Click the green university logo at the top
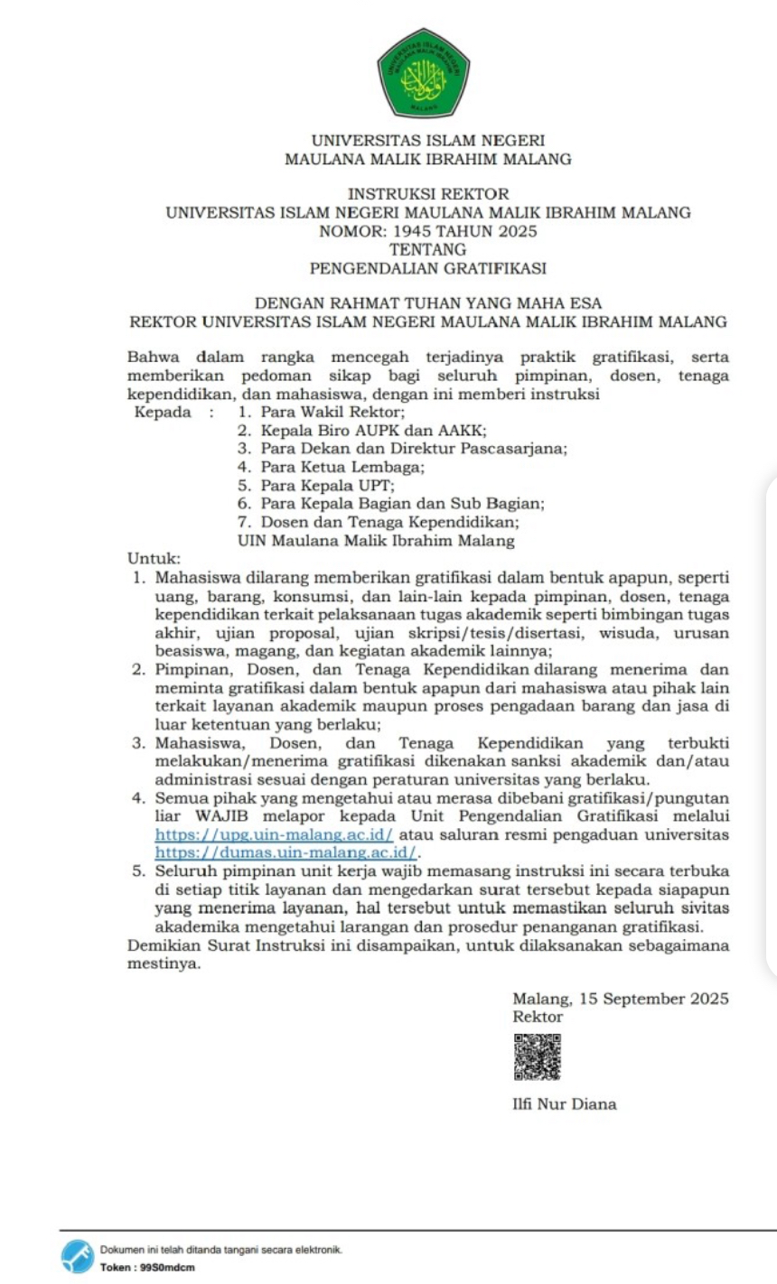tap(423, 72)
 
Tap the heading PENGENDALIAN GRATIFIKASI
tap(427, 268)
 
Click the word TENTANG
tap(427, 249)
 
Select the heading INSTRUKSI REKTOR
tap(428, 194)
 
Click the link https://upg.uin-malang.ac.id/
tap(274, 834)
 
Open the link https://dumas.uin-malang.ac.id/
tap(287, 851)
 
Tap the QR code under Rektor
tap(537, 1056)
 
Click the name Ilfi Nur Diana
tap(564, 1103)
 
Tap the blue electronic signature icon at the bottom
tap(78, 1256)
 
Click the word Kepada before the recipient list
tap(163, 413)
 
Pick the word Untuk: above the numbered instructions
tap(154, 560)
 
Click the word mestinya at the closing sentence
tap(163, 963)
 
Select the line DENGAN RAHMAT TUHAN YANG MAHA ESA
tap(427, 303)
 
